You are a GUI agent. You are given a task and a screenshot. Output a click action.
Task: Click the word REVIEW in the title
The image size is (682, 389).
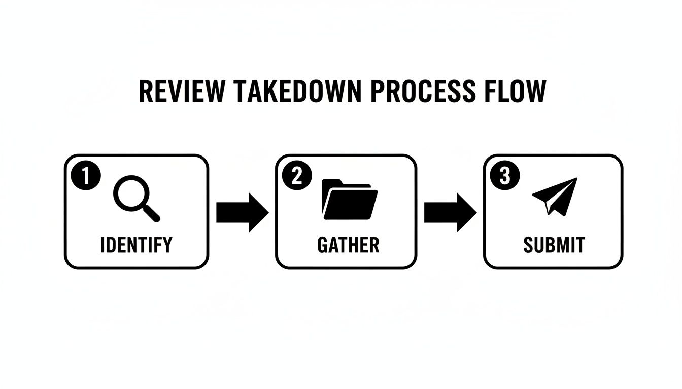click(181, 92)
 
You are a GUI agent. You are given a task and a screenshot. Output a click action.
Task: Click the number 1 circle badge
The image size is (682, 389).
click(86, 176)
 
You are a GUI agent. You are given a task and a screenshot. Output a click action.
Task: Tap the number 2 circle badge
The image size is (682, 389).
click(297, 176)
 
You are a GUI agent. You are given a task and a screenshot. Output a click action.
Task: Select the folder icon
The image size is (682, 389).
click(350, 199)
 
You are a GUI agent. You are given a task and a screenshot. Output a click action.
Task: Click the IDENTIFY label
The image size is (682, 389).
click(136, 245)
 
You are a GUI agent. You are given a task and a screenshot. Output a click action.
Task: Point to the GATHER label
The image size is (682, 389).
click(348, 245)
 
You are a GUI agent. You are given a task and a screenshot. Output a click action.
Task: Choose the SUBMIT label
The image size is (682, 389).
click(554, 245)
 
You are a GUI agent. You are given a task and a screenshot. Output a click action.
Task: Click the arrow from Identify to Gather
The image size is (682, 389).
click(242, 212)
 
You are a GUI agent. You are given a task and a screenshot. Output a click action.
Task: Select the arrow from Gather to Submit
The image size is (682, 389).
click(450, 212)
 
